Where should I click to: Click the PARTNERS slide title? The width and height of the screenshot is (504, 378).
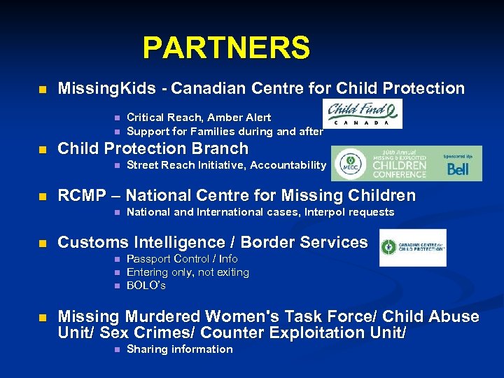point(226,48)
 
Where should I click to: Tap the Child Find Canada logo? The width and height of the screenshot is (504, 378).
point(362,113)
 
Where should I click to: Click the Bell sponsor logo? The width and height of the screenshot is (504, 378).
point(458,168)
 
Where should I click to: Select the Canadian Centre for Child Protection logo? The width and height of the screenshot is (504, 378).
point(412,248)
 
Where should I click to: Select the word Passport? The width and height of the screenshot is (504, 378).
point(148,259)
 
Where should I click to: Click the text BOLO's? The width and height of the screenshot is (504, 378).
point(146,286)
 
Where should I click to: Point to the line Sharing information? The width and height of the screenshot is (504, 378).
point(179,349)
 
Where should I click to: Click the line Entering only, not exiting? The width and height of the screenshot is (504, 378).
point(188,272)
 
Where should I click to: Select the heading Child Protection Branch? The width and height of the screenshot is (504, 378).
point(153,148)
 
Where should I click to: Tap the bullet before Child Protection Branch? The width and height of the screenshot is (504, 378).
point(42,149)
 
